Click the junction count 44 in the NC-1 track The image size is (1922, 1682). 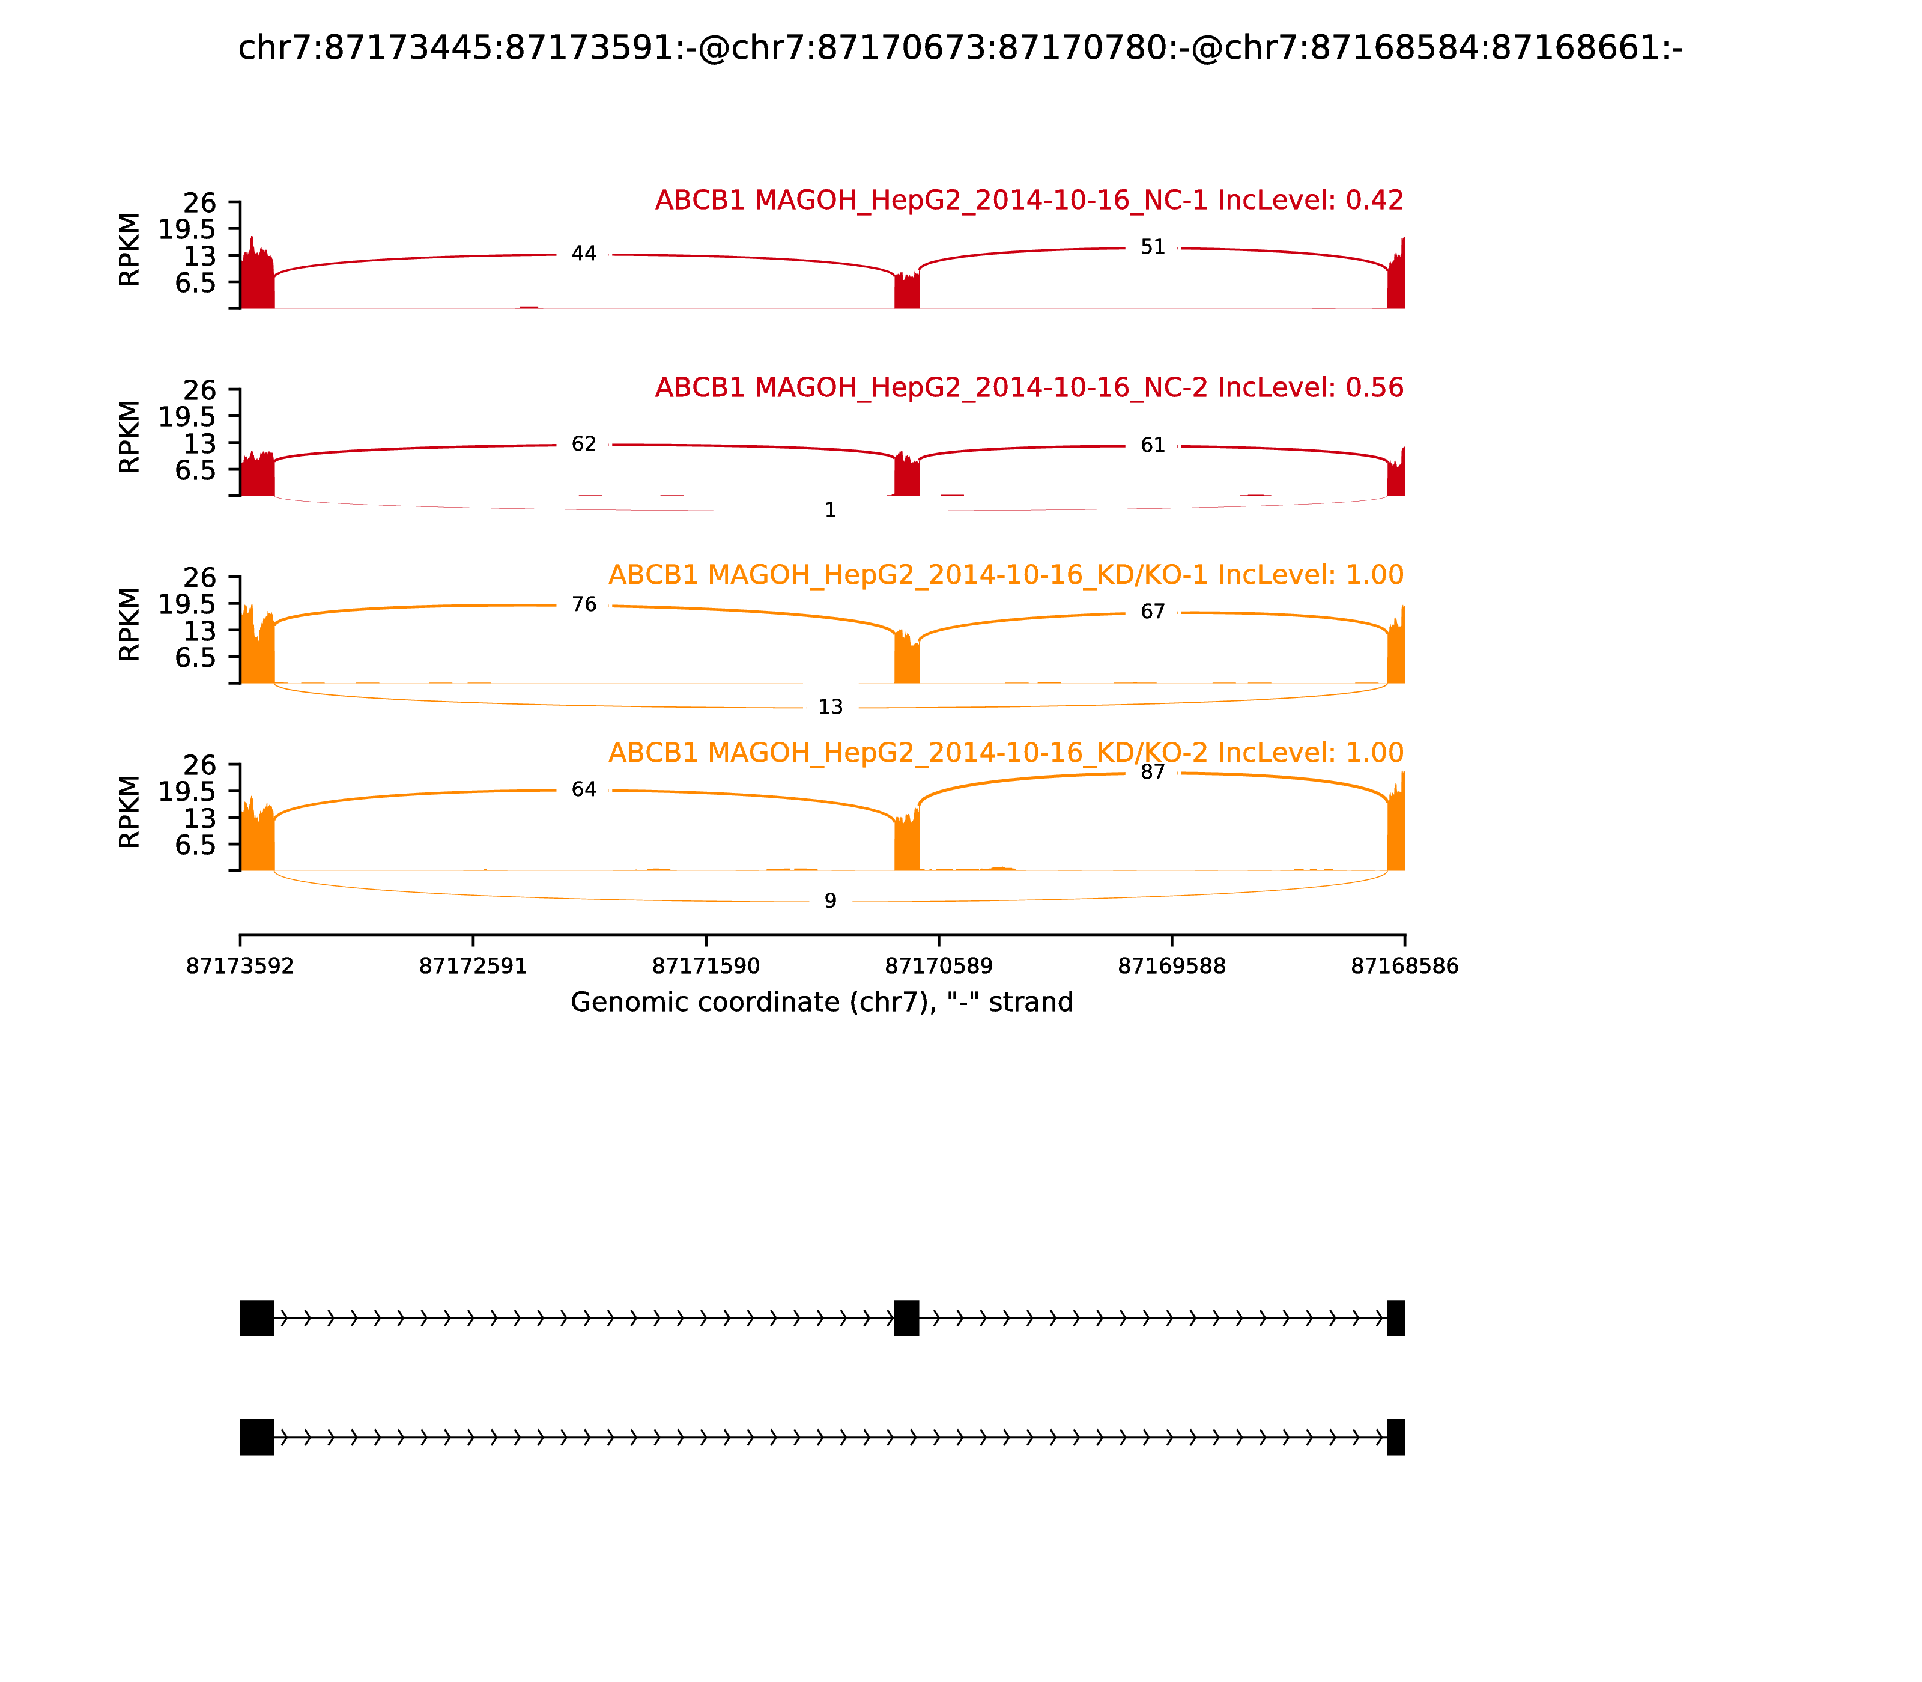(x=584, y=254)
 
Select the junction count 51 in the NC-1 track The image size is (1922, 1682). (x=1153, y=247)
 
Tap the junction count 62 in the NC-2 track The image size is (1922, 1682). (x=584, y=444)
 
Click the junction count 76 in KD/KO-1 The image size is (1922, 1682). (x=584, y=604)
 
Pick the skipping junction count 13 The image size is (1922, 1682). (x=831, y=708)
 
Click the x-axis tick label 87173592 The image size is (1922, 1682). (x=240, y=967)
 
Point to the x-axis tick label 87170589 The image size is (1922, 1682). (x=938, y=967)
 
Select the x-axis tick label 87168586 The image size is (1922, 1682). (x=1405, y=967)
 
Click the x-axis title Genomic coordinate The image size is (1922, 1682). (x=822, y=1003)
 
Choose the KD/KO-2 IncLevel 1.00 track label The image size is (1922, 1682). (x=1006, y=753)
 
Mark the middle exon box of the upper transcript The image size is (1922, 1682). (x=906, y=1318)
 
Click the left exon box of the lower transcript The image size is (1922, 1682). (x=257, y=1437)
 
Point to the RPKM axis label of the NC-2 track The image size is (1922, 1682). (x=130, y=437)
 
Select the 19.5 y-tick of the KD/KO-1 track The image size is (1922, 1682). (x=187, y=604)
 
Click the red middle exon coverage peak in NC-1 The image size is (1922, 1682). (x=906, y=290)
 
